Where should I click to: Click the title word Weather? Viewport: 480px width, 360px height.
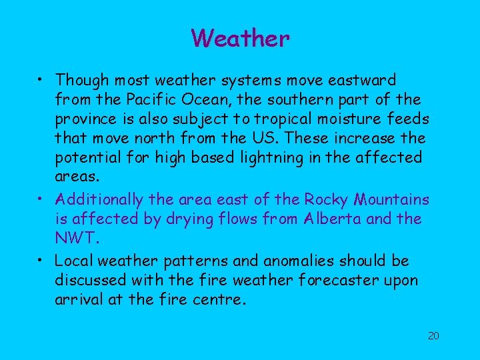(240, 38)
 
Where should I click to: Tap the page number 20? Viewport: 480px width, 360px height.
(433, 335)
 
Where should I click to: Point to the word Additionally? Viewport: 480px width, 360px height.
(99, 199)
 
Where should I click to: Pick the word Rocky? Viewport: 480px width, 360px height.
(328, 199)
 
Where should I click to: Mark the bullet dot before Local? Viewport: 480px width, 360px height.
(42, 259)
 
